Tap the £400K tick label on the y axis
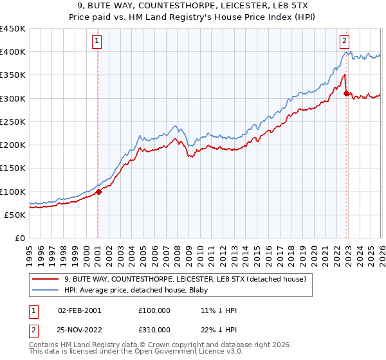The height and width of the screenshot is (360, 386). click(x=13, y=52)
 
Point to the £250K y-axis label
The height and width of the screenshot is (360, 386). click(x=13, y=122)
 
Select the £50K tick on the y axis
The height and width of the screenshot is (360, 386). click(x=15, y=215)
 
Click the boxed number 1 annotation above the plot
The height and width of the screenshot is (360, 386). click(x=97, y=40)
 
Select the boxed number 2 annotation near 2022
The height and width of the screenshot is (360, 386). click(x=345, y=40)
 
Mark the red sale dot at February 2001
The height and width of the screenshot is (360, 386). click(x=98, y=192)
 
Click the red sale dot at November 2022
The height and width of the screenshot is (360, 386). click(x=346, y=94)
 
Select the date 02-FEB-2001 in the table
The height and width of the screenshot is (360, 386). click(x=79, y=310)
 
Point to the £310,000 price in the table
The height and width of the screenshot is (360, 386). click(x=155, y=329)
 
